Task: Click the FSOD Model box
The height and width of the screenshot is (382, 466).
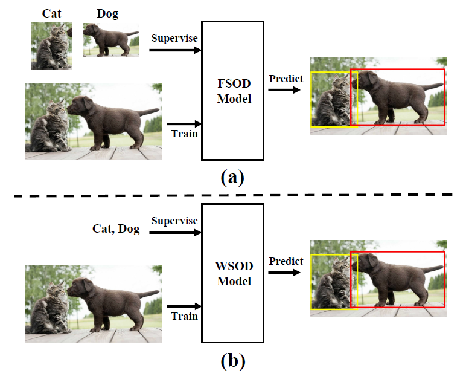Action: click(x=233, y=90)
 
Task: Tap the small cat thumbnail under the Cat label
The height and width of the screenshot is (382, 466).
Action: click(x=51, y=46)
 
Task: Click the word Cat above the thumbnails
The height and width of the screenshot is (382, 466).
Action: click(x=51, y=13)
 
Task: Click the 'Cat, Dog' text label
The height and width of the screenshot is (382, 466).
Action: click(x=116, y=228)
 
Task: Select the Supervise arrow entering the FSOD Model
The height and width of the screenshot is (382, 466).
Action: click(x=175, y=50)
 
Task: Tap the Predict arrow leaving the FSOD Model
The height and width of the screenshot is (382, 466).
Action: click(x=285, y=90)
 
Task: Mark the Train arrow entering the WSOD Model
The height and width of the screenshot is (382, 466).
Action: click(x=184, y=306)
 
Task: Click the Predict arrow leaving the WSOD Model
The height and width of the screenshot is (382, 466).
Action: click(x=285, y=273)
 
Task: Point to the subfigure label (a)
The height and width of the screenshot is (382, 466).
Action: click(x=232, y=178)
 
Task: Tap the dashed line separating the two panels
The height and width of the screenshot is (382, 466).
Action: click(x=232, y=195)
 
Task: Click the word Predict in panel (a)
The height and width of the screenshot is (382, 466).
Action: click(x=286, y=79)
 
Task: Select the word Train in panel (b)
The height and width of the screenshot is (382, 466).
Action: click(x=184, y=316)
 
